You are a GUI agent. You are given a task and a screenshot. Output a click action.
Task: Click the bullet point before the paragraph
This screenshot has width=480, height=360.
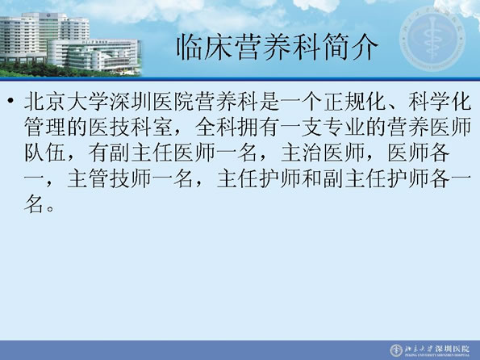coord(11,101)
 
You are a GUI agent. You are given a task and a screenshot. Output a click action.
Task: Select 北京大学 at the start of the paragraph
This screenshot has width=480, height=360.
coord(66,102)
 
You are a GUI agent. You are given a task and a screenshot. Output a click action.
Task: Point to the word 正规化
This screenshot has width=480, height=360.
coord(355,102)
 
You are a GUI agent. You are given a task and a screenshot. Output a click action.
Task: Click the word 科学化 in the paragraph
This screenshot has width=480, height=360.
coord(440,102)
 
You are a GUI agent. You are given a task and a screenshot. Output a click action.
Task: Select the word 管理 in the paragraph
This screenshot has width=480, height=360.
coord(45,127)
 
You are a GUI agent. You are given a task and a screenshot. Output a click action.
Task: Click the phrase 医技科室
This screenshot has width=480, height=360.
coord(131,127)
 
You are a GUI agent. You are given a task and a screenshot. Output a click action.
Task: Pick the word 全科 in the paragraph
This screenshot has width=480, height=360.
coord(216,127)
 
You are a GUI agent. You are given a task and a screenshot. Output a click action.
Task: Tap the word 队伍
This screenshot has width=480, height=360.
coord(45,153)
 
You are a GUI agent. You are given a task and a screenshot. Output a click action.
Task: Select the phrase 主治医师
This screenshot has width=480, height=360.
coord(323,153)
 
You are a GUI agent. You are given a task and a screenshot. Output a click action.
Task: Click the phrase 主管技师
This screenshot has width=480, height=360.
coord(109,178)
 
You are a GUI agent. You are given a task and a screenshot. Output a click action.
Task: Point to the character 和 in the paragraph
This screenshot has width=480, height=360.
coord(312,178)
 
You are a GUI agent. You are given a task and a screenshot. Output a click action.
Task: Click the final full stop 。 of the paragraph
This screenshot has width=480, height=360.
coord(50,208)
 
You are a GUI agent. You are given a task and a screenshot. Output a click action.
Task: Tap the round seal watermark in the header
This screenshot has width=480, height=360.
coord(432,39)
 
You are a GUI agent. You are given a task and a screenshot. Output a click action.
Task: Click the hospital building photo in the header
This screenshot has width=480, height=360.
coord(70,44)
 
